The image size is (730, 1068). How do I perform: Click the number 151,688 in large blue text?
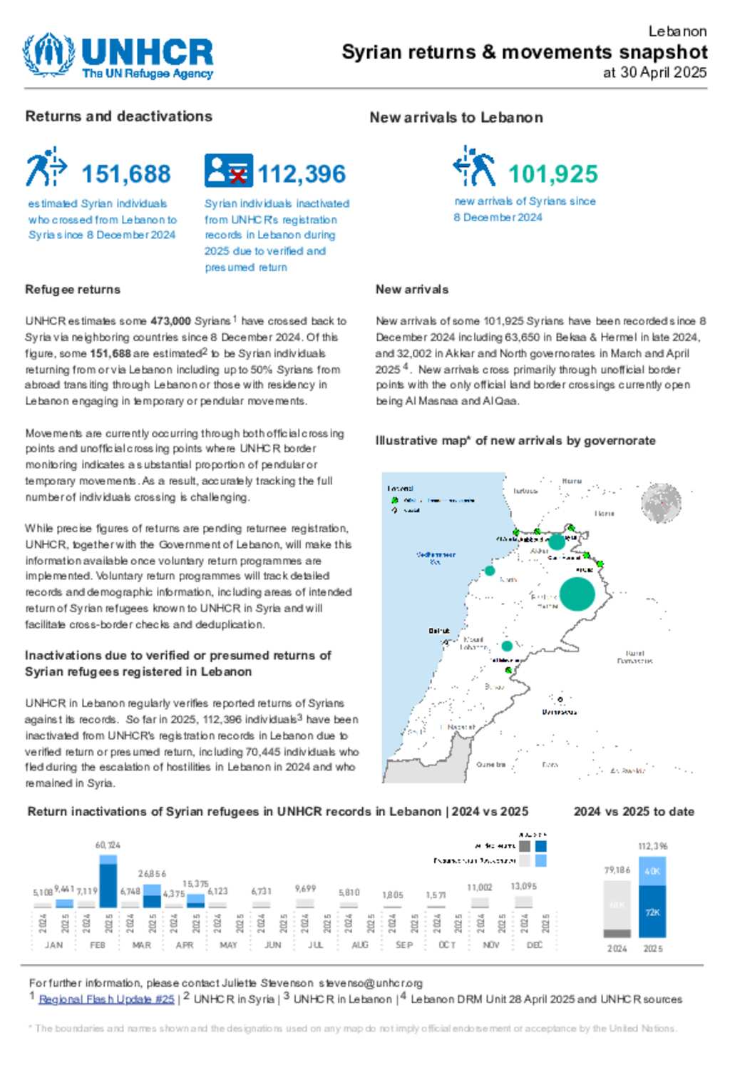pyautogui.click(x=126, y=174)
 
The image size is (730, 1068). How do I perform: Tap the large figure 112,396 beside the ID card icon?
pyautogui.click(x=302, y=174)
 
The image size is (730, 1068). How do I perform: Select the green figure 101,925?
pyautogui.click(x=553, y=174)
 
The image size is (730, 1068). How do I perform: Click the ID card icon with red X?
pyautogui.click(x=228, y=171)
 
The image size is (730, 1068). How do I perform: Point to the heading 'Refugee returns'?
pyautogui.click(x=73, y=290)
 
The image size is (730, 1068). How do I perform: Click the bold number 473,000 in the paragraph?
pyautogui.click(x=170, y=321)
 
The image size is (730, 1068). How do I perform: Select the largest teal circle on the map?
pyautogui.click(x=577, y=594)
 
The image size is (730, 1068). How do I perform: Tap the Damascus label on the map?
pyautogui.click(x=559, y=712)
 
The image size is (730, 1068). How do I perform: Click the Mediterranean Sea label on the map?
pyautogui.click(x=436, y=558)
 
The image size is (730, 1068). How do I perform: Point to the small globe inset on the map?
pyautogui.click(x=662, y=503)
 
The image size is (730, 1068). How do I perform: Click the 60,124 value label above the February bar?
pyautogui.click(x=108, y=845)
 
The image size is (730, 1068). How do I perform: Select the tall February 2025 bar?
pyautogui.click(x=108, y=882)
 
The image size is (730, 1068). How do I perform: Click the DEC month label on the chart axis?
pyautogui.click(x=535, y=945)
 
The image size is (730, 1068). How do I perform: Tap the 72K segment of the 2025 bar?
pyautogui.click(x=652, y=912)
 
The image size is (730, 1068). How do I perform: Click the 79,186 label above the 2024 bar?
pyautogui.click(x=617, y=870)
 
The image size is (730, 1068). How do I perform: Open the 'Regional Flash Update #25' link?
pyautogui.click(x=106, y=1000)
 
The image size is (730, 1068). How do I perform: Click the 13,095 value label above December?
pyautogui.click(x=524, y=886)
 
